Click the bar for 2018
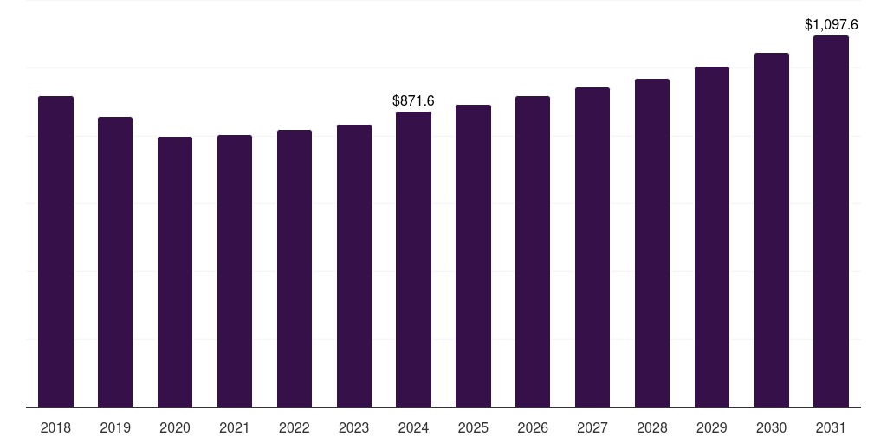pos(55,251)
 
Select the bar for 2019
pos(115,261)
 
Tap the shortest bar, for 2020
pos(175,272)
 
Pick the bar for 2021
pos(235,271)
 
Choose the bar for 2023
pos(354,266)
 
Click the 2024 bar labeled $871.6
pos(413,259)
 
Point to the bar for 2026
pos(533,251)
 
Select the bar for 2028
pos(652,242)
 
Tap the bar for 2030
pos(772,229)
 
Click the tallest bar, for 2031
pos(831,221)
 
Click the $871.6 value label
pos(413,101)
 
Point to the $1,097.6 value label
pos(831,25)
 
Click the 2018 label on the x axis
pos(55,427)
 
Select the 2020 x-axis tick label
pos(175,427)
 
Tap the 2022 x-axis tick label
pos(295,427)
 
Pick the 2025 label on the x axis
pos(473,427)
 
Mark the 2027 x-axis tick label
pos(592,427)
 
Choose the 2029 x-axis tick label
pos(712,427)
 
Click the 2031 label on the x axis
pos(831,427)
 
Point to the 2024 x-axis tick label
pos(413,427)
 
